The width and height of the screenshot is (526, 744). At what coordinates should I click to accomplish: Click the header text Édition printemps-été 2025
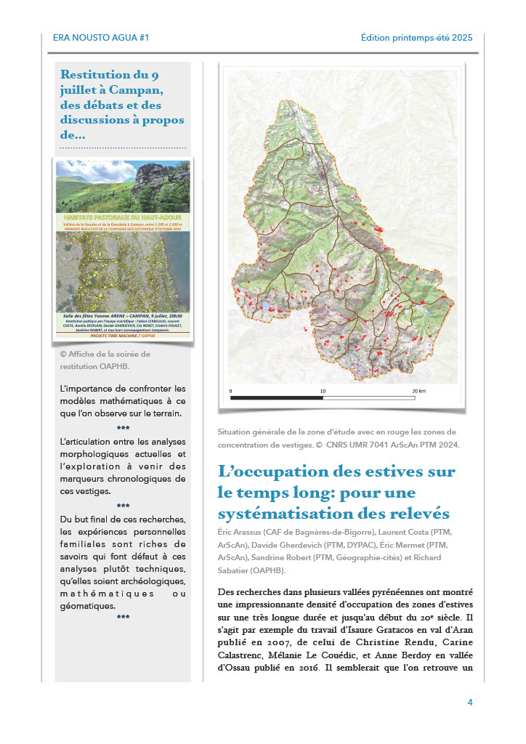(416, 38)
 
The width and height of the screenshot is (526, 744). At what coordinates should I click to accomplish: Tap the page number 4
(470, 703)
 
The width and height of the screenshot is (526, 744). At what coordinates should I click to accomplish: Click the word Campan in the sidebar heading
(138, 90)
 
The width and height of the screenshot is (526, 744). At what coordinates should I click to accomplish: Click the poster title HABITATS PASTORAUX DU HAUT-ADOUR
(123, 217)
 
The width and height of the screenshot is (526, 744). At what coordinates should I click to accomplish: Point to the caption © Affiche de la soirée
(105, 355)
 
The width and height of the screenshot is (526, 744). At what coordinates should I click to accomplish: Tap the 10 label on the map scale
(323, 391)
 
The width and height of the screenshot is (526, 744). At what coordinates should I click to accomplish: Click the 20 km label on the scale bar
(418, 391)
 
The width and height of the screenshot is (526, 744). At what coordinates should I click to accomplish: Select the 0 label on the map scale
(231, 391)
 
